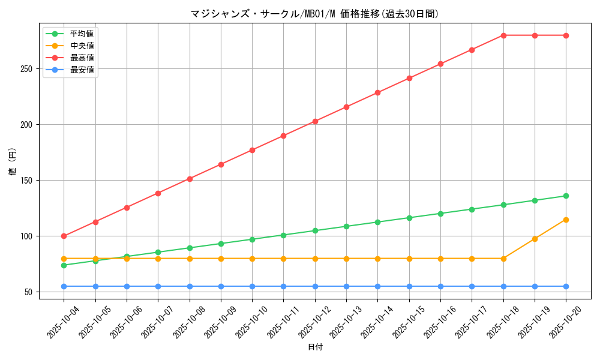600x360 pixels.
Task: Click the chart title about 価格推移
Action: [314, 14]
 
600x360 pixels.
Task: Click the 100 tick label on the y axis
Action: [32, 236]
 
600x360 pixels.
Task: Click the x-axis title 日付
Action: [314, 347]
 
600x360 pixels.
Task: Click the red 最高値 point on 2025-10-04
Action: [64, 236]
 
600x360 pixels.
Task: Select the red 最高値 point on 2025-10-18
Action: [503, 35]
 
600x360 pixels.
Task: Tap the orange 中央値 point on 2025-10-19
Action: [535, 239]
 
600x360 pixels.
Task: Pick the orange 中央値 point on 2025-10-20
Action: [566, 220]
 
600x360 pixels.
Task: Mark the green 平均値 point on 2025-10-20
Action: [566, 196]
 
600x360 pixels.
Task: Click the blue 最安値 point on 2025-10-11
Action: [283, 286]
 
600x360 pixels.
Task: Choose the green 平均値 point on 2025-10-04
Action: [64, 265]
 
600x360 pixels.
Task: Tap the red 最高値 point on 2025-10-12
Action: [315, 121]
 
